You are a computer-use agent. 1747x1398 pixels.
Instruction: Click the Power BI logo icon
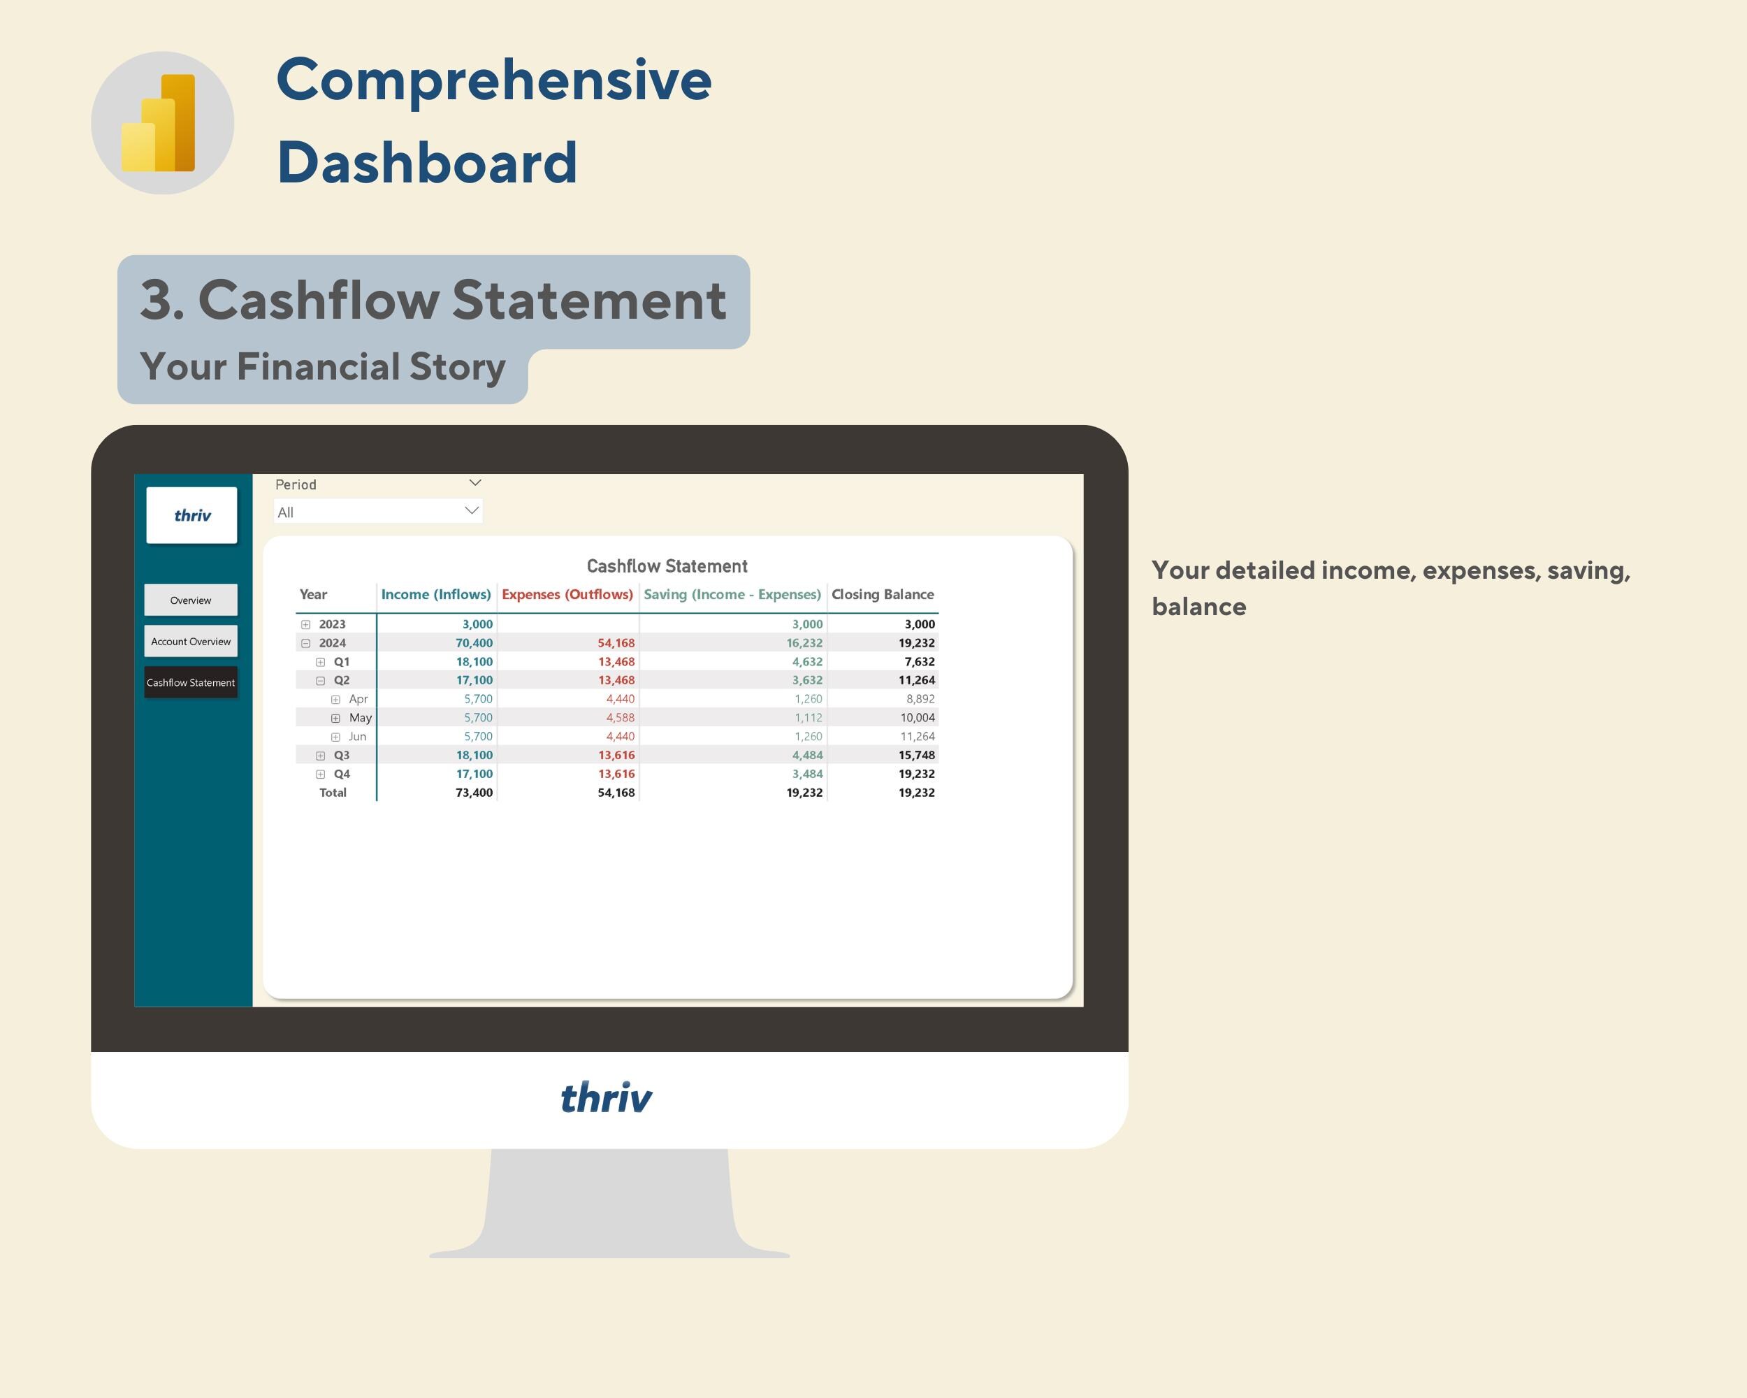click(162, 123)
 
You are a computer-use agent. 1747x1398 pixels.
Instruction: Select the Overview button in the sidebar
click(190, 600)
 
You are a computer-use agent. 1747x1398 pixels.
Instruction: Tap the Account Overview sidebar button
click(190, 642)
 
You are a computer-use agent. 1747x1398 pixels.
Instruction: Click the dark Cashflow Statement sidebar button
click(190, 682)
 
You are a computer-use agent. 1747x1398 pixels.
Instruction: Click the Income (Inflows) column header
click(436, 595)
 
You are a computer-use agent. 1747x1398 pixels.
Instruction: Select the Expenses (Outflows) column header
click(567, 595)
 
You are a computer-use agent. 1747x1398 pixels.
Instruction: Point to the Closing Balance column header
click(883, 595)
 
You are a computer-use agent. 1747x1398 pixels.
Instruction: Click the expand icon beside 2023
click(305, 625)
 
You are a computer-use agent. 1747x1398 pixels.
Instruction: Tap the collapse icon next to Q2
click(321, 681)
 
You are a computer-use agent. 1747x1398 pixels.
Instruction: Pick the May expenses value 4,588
click(620, 718)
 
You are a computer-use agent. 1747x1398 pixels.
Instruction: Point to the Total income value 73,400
click(474, 793)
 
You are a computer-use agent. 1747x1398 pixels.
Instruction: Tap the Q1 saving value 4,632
click(807, 662)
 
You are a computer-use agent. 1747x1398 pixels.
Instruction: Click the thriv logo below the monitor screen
click(606, 1098)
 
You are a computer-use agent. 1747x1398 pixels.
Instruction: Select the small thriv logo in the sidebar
click(192, 515)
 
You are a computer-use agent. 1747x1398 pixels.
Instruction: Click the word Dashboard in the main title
click(427, 163)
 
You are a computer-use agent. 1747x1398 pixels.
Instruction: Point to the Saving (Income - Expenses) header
click(732, 595)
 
